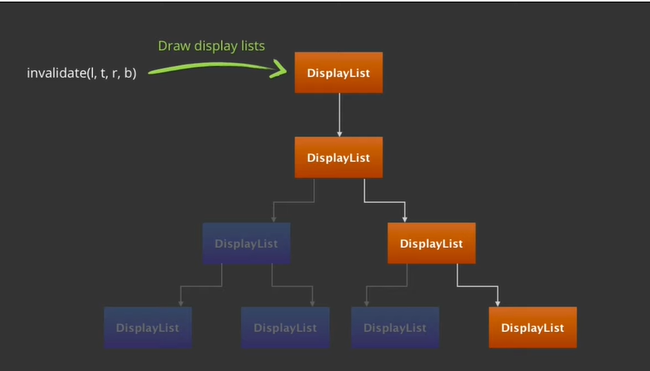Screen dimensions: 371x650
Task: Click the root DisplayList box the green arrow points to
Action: (338, 73)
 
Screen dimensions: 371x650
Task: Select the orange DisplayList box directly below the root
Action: (338, 157)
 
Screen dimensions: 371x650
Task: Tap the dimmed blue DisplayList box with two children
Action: (246, 243)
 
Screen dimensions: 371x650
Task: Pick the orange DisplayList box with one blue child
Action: (431, 243)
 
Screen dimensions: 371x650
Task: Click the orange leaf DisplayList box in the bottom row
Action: (533, 327)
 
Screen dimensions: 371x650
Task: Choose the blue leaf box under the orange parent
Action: (394, 327)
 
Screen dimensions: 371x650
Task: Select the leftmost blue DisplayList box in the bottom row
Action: (148, 327)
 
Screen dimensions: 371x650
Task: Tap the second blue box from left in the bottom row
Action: (285, 327)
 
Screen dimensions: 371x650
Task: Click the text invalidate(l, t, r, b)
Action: (82, 74)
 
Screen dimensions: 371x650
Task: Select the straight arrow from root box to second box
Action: (339, 115)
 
